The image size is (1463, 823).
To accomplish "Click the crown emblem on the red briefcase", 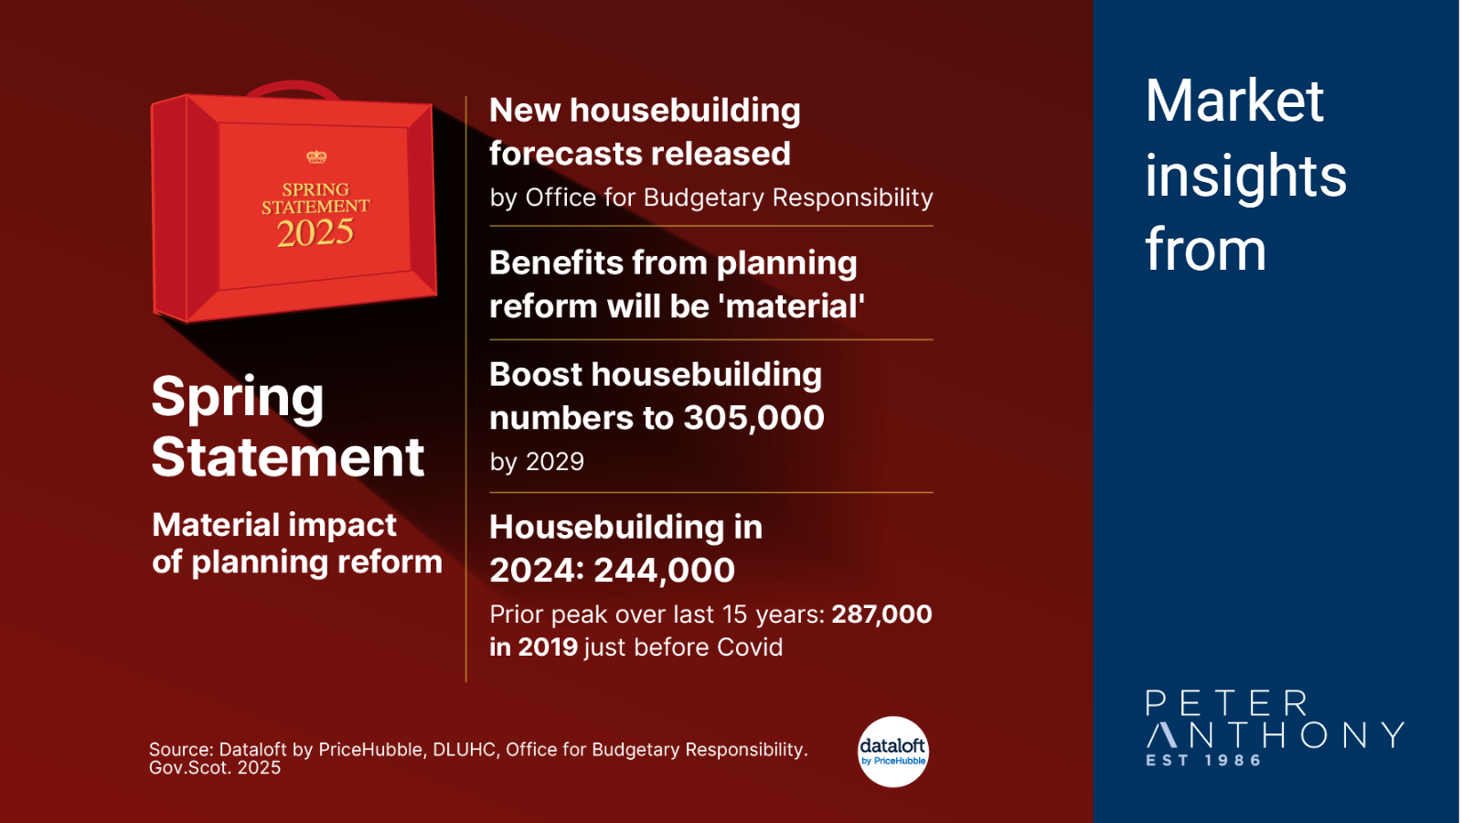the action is point(316,156).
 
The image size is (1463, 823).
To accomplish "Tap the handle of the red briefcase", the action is point(294,88).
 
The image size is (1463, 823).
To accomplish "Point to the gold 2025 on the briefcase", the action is point(315,233).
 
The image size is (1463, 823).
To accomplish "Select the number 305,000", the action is point(753,418).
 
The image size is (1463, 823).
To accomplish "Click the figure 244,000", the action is point(664,571).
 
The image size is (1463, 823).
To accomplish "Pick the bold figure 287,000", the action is point(881,615).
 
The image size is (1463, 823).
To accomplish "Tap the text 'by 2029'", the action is point(537,463).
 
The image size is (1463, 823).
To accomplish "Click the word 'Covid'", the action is point(750,647).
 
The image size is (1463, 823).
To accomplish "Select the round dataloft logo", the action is point(892,752).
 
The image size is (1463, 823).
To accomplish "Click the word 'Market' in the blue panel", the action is point(1234,102).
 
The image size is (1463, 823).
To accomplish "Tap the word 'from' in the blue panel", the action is point(1206,250).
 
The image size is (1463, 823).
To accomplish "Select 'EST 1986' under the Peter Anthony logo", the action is point(1203,760).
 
